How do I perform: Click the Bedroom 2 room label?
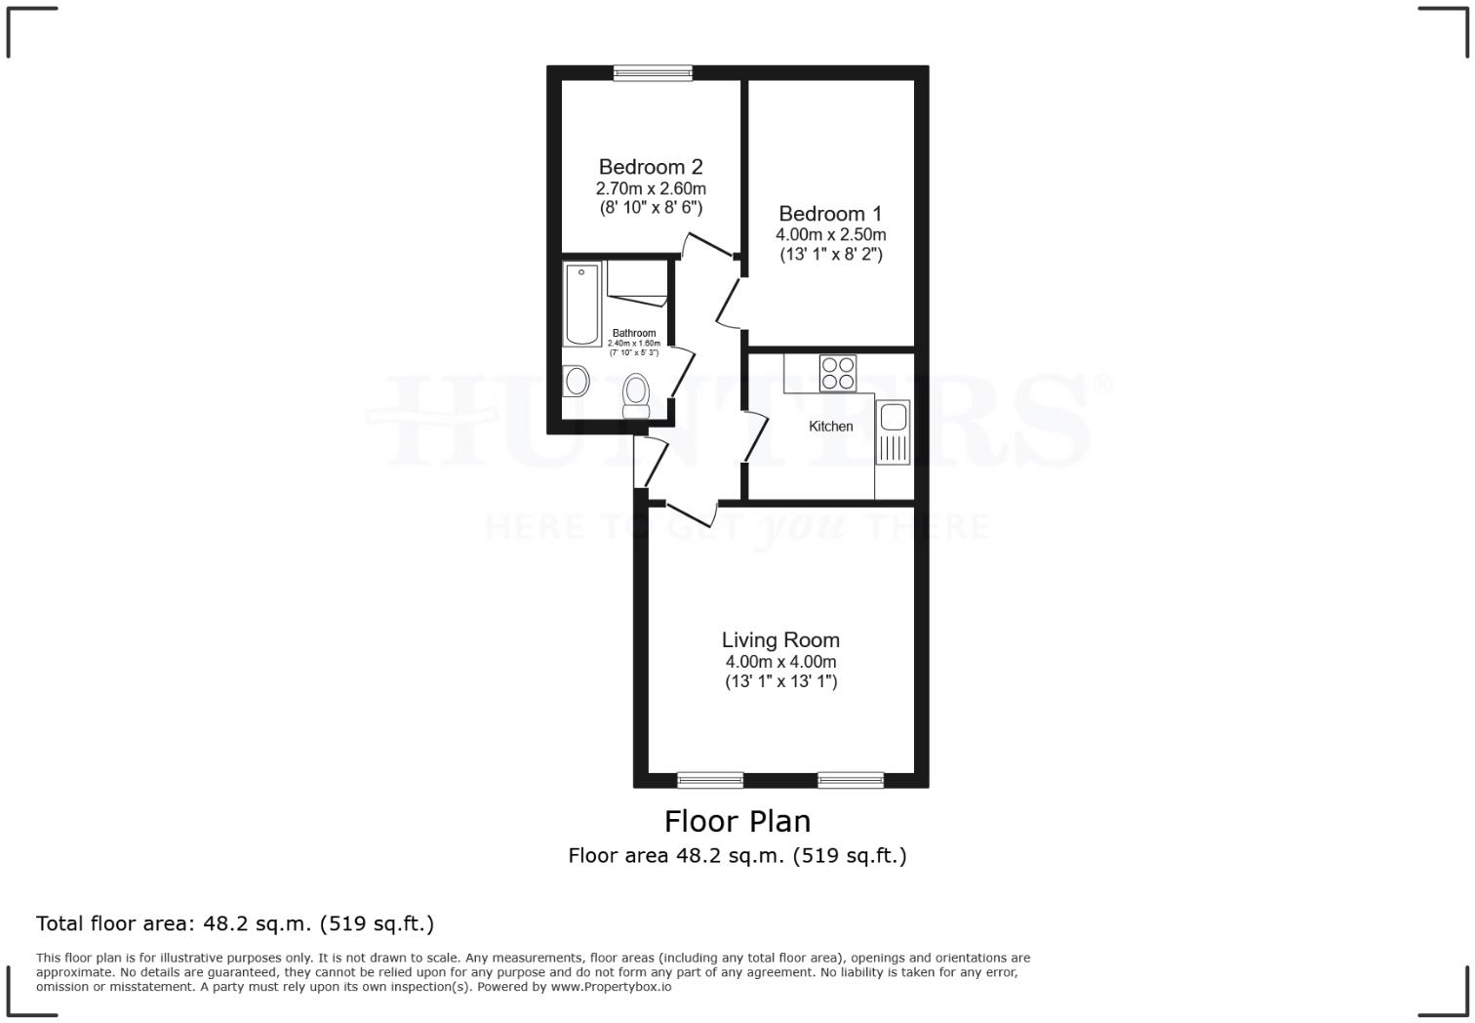coord(651,167)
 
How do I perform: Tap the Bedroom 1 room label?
coord(830,214)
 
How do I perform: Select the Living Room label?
coord(780,640)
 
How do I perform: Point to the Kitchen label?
coord(831,427)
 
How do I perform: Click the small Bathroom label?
coord(634,334)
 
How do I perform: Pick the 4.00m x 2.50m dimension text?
coord(830,235)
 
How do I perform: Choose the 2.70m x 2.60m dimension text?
coord(651,188)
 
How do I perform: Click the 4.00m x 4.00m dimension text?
coord(780,662)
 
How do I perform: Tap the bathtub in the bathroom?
coord(582,304)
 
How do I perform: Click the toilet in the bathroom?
coord(637,394)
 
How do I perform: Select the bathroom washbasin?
coord(576,380)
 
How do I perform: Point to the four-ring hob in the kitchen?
coord(838,373)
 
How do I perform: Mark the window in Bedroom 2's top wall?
coord(653,72)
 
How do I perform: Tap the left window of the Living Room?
coord(710,780)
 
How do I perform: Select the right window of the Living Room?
coord(851,780)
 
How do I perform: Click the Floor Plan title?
coord(737,821)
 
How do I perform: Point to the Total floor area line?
coord(235,923)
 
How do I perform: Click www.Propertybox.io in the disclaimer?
coord(611,987)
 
